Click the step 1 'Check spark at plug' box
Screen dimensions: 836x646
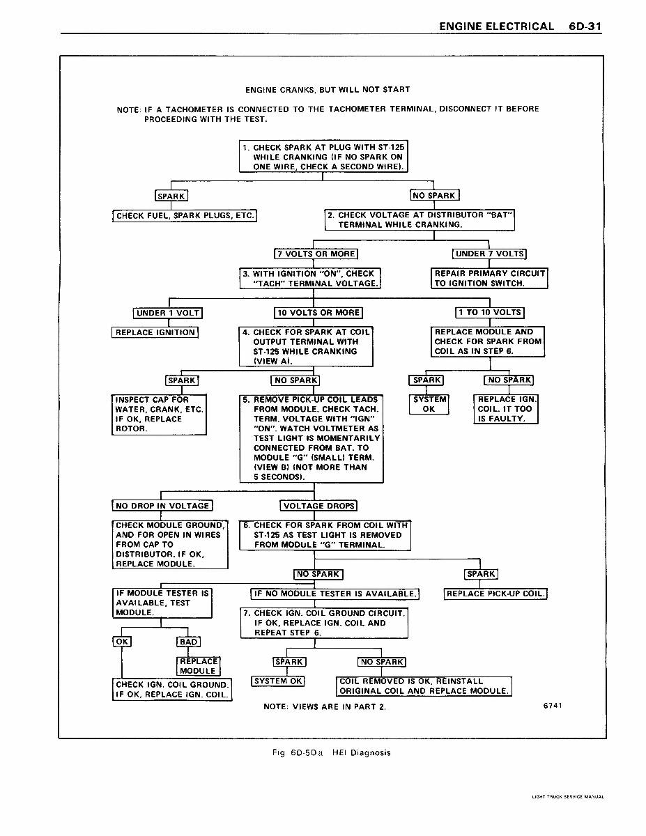coord(323,157)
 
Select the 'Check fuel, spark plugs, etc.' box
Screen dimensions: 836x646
coord(185,216)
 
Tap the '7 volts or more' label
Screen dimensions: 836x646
coord(316,254)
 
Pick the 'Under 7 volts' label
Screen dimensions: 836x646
coord(489,254)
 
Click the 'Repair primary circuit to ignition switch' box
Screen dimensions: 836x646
coord(489,279)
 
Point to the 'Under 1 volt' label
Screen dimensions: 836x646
coord(168,313)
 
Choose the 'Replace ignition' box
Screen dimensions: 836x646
coord(155,332)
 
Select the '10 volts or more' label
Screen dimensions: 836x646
coord(318,313)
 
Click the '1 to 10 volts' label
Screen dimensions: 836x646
coord(489,313)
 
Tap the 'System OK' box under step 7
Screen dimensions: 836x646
coord(277,681)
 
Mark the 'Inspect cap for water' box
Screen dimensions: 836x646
coord(159,415)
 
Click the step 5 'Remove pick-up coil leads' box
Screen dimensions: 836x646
coord(312,439)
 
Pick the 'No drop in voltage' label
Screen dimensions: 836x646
coord(162,506)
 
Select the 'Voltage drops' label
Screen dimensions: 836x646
coord(318,506)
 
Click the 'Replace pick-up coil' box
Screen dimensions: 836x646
coord(495,594)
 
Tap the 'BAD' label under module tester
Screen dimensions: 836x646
coord(189,642)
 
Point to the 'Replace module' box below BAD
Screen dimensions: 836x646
coord(199,666)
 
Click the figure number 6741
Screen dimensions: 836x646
coord(552,706)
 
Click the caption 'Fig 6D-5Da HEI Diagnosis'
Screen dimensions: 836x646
coord(332,752)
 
